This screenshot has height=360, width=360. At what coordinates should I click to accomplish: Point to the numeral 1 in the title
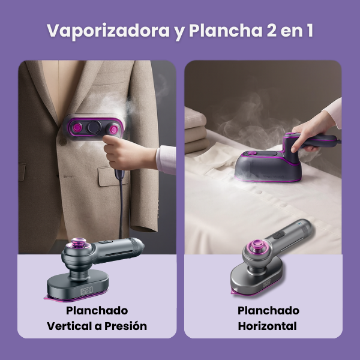coord(308,31)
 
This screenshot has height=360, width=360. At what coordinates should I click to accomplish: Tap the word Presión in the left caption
coord(124,326)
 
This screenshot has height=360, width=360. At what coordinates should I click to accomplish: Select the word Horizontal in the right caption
coord(267,326)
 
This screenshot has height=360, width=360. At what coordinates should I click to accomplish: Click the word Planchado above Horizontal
coord(267,311)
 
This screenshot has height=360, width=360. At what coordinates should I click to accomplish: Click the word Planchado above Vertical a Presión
coord(97,311)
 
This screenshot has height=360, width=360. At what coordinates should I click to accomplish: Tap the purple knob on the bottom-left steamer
coord(78,245)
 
